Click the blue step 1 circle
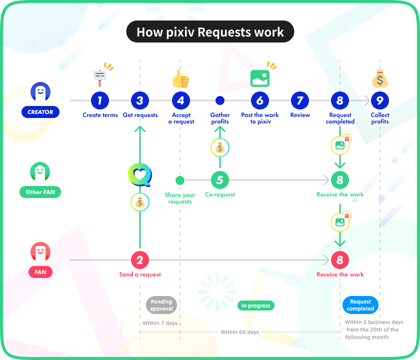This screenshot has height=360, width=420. click(99, 100)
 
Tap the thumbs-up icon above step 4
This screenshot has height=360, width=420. click(180, 79)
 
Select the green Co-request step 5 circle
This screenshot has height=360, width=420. click(220, 180)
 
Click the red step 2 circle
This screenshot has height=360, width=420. click(140, 260)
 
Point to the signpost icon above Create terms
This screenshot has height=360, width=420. click(99, 78)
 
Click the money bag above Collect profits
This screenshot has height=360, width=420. click(380, 78)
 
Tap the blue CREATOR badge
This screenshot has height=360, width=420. click(40, 112)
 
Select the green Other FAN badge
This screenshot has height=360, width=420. click(40, 192)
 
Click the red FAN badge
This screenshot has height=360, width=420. click(40, 272)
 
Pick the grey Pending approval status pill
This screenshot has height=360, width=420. click(161, 305)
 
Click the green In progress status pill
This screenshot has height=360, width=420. click(256, 305)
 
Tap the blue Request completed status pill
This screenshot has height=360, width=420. click(360, 305)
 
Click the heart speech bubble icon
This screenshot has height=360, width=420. click(140, 175)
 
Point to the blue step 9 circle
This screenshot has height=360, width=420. click(380, 100)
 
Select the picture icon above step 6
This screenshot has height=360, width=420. click(260, 78)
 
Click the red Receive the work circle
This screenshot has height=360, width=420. click(340, 260)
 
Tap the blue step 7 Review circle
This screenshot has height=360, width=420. click(300, 100)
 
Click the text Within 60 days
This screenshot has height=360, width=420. click(239, 332)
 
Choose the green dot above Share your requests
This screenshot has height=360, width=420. click(180, 180)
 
